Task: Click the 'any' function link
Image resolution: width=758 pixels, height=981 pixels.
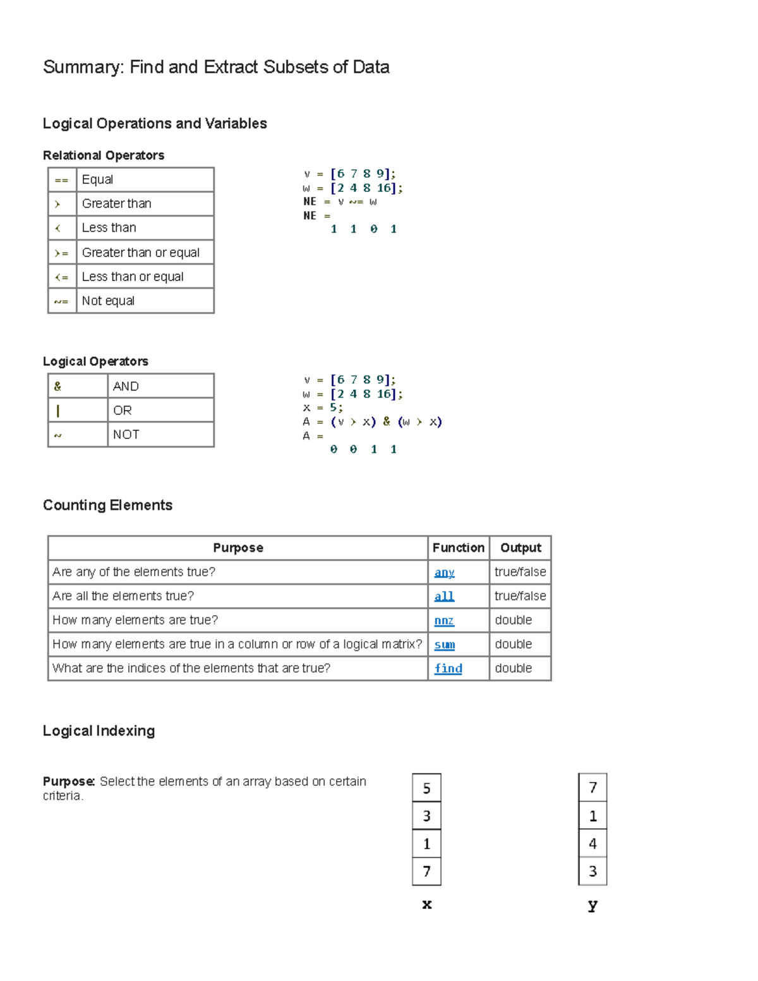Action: (x=444, y=572)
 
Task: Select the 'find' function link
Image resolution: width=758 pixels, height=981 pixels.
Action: (x=448, y=668)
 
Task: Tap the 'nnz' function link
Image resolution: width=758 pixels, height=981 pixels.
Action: (x=444, y=620)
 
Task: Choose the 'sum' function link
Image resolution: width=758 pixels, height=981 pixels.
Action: (x=444, y=644)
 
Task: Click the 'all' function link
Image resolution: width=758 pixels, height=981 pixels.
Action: (x=444, y=596)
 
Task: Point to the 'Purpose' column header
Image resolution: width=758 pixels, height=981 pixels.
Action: (x=238, y=548)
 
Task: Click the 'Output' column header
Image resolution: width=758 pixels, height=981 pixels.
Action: (x=520, y=548)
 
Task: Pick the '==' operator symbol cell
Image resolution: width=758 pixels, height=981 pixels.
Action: (x=61, y=180)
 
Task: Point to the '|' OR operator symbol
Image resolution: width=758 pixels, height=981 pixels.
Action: (x=58, y=411)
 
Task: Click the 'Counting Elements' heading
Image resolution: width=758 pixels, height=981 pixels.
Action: (x=107, y=505)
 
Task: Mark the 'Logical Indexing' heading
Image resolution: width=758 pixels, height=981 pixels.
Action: (x=99, y=731)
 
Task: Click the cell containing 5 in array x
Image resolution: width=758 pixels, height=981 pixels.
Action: (x=426, y=788)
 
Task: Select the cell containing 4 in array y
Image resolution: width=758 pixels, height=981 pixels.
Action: (x=593, y=843)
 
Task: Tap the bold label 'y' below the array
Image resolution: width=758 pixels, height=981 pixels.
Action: (x=593, y=905)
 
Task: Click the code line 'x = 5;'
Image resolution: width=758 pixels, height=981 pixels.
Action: (x=322, y=408)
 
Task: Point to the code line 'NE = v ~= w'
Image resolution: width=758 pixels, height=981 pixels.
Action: (x=340, y=202)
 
